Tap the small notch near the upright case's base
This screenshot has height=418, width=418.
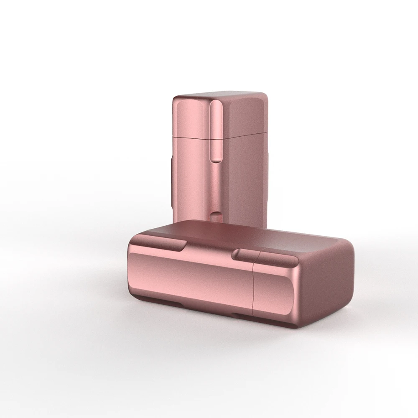pyautogui.click(x=216, y=215)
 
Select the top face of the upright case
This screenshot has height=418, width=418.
pyautogui.click(x=222, y=94)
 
